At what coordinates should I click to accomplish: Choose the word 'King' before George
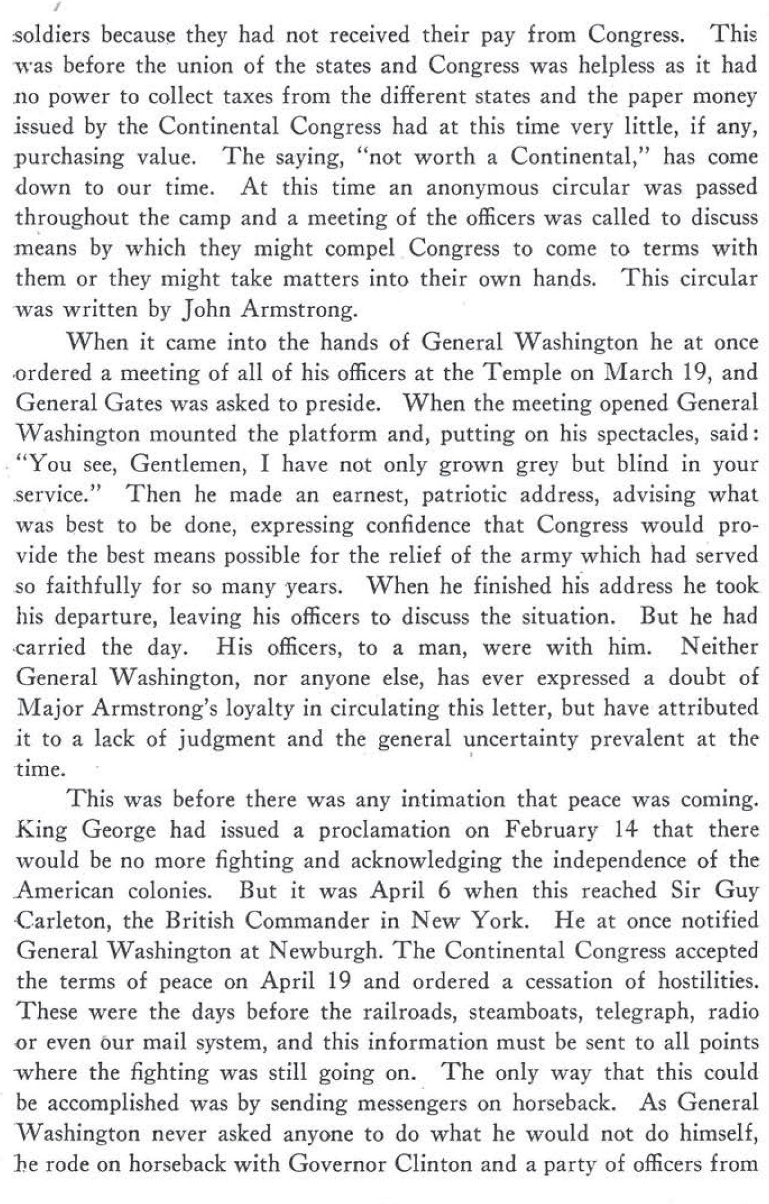(39, 830)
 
